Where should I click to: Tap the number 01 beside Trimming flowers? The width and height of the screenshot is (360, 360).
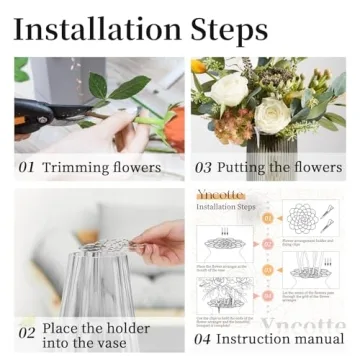(x=28, y=168)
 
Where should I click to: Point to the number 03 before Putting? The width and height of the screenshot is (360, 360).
(x=203, y=168)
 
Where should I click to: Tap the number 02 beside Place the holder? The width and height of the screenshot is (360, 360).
(x=27, y=333)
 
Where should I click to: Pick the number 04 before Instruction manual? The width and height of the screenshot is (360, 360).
(x=203, y=340)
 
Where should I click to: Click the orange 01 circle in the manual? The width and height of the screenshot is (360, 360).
(x=268, y=217)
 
